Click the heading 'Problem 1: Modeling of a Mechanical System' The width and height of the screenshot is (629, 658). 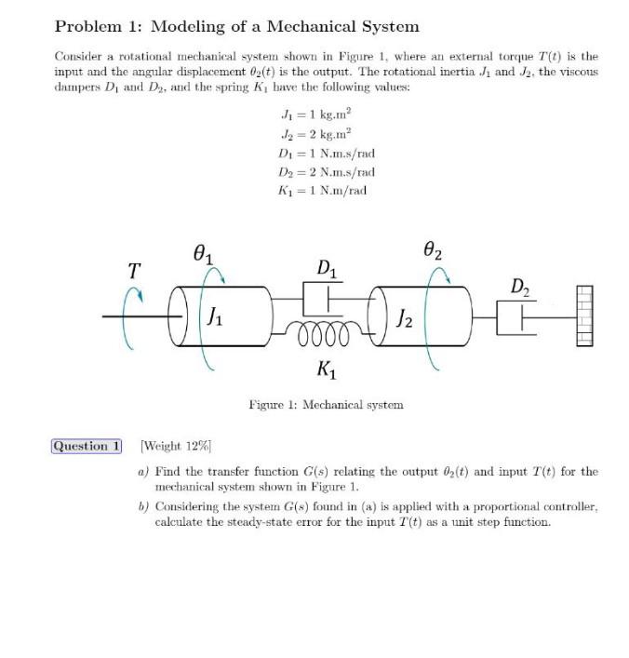(x=236, y=27)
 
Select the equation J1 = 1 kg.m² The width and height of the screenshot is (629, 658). (x=314, y=115)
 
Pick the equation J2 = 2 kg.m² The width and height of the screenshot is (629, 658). (x=314, y=134)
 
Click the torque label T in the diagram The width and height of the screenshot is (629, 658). (x=134, y=270)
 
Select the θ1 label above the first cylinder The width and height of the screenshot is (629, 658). (x=202, y=252)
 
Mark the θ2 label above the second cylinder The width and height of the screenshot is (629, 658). (x=432, y=250)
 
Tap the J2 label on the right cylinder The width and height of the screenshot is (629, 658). (x=404, y=324)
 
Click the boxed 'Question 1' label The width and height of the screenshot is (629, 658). (x=87, y=446)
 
